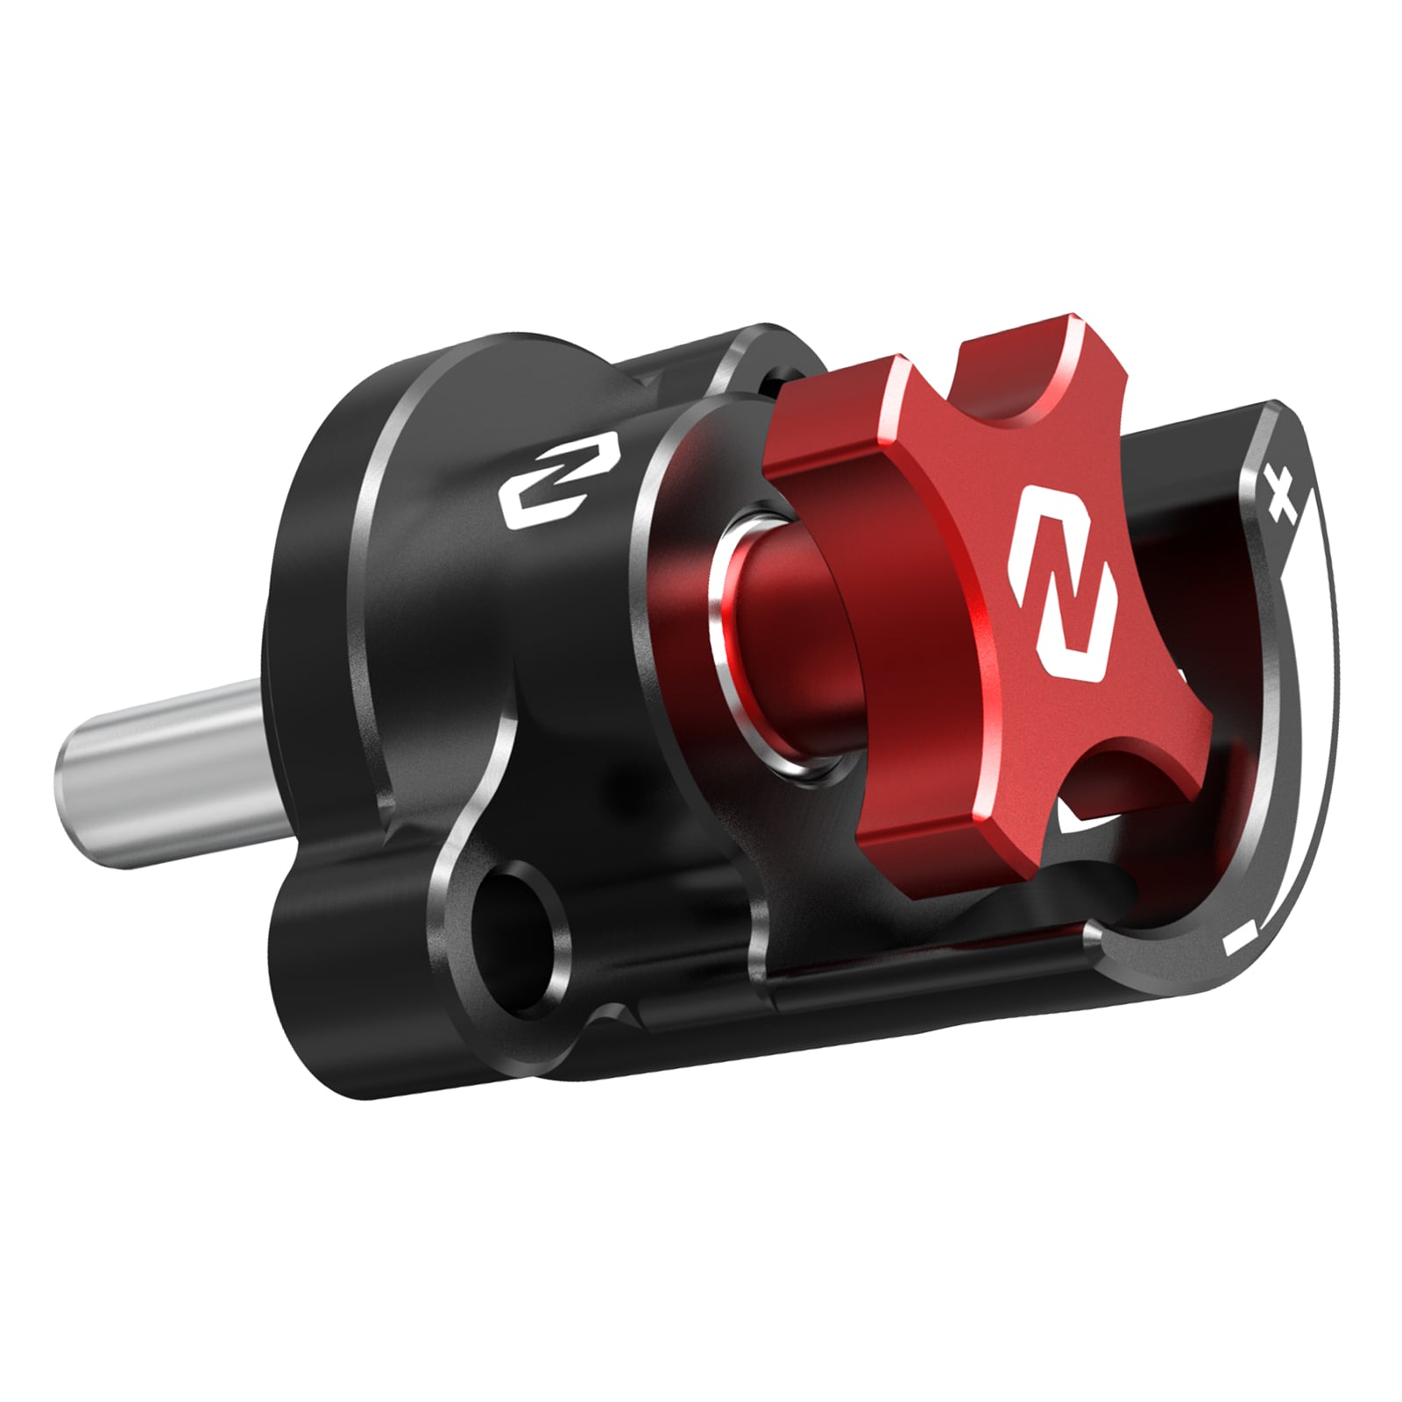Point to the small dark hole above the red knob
775,379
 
